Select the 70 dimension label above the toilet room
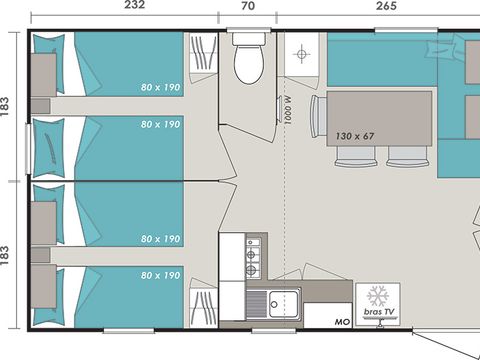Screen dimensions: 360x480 click(x=247, y=6)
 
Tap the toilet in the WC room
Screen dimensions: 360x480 click(x=247, y=62)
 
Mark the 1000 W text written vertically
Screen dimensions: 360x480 click(x=287, y=107)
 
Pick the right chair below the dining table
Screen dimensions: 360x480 click(x=406, y=155)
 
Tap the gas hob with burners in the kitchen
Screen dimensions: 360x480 click(x=255, y=257)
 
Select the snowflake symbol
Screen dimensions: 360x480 click(x=377, y=296)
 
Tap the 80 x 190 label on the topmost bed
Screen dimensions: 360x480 click(x=160, y=88)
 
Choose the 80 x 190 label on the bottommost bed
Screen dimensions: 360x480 click(x=160, y=275)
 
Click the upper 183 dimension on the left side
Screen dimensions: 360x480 click(x=8, y=105)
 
